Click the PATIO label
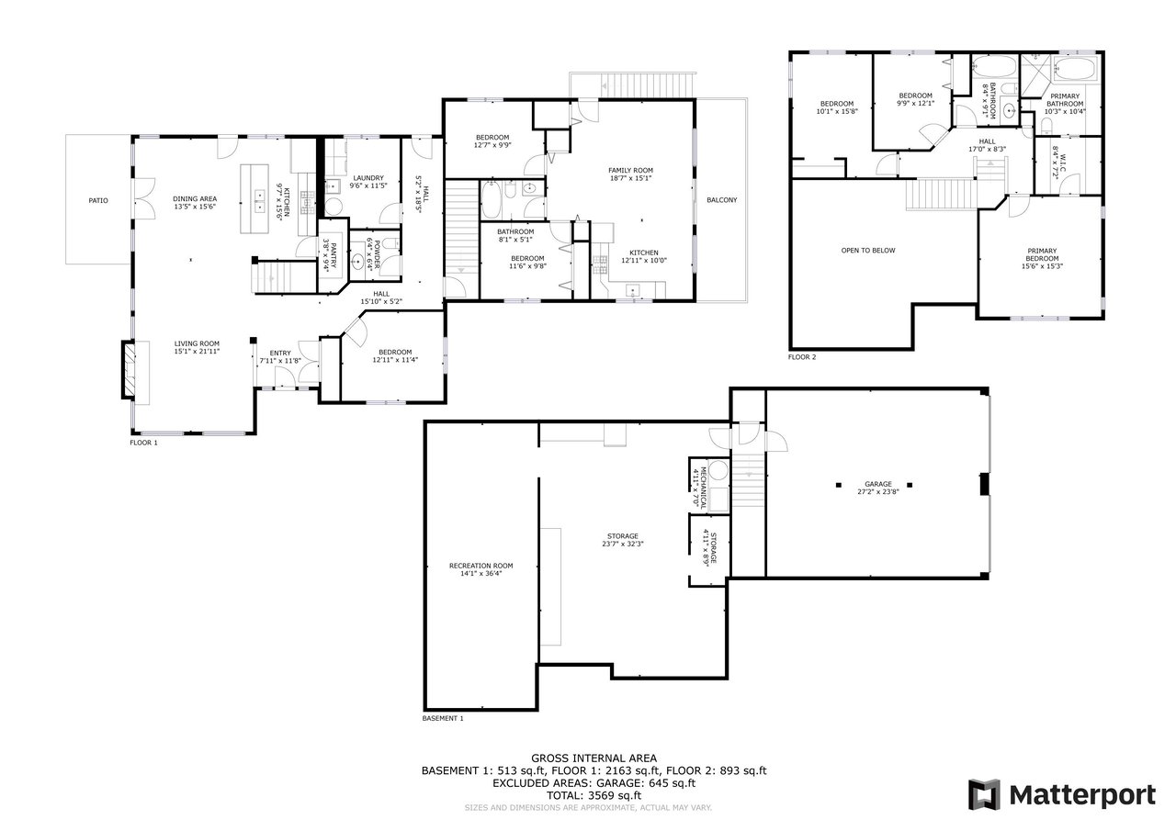(x=98, y=200)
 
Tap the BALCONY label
(x=722, y=200)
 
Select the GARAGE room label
(x=878, y=484)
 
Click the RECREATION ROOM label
(x=481, y=566)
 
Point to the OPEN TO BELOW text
(x=868, y=251)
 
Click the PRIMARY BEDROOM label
(x=1042, y=254)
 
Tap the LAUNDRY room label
(x=368, y=178)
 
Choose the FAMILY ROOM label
(x=630, y=170)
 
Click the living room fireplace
(x=129, y=370)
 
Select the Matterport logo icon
(x=984, y=795)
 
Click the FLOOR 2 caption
(x=802, y=357)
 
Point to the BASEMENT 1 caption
(x=443, y=718)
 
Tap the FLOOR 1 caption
(x=144, y=443)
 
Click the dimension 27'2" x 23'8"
(x=878, y=491)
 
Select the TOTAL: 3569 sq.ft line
(x=594, y=795)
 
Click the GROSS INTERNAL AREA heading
(x=594, y=758)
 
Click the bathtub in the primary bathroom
(x=1076, y=71)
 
